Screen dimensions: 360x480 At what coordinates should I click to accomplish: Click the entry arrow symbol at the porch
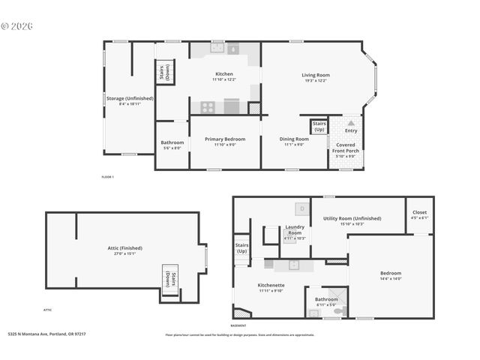350,122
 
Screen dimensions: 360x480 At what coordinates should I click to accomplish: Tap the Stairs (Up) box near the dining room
319,125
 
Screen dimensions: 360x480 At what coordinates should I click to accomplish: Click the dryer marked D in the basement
301,208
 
